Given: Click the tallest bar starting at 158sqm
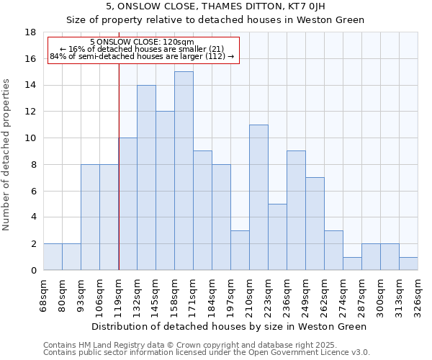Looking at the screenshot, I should tap(184, 171).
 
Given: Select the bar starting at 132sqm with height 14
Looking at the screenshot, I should tap(146, 178).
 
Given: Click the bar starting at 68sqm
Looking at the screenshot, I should tap(53, 257).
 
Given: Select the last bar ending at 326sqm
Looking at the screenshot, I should tap(408, 264).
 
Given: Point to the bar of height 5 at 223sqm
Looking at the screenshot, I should tap(277, 237).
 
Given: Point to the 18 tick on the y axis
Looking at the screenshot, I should tap(31, 32).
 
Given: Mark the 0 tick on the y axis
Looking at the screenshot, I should tap(33, 270).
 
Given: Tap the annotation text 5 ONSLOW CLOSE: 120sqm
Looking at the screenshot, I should tap(143, 42).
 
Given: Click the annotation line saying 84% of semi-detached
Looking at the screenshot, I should tap(143, 56).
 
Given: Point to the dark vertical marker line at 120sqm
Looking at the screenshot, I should tap(119, 166).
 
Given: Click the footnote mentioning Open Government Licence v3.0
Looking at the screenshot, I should tap(207, 352).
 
